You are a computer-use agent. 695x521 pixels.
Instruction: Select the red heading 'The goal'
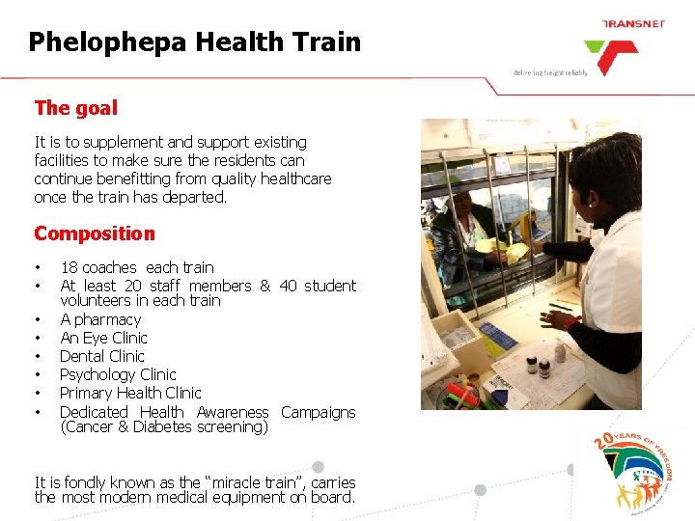click(x=75, y=108)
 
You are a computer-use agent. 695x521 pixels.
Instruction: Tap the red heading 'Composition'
click(x=94, y=233)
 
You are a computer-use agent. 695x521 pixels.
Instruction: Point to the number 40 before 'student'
click(x=288, y=286)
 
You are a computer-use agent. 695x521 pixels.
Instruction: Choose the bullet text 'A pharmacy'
click(x=100, y=319)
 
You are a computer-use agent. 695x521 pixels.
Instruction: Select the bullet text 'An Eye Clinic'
click(x=103, y=338)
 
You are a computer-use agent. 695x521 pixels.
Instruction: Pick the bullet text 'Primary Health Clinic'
click(x=130, y=393)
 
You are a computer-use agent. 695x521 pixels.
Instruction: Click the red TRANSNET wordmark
click(x=633, y=23)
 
